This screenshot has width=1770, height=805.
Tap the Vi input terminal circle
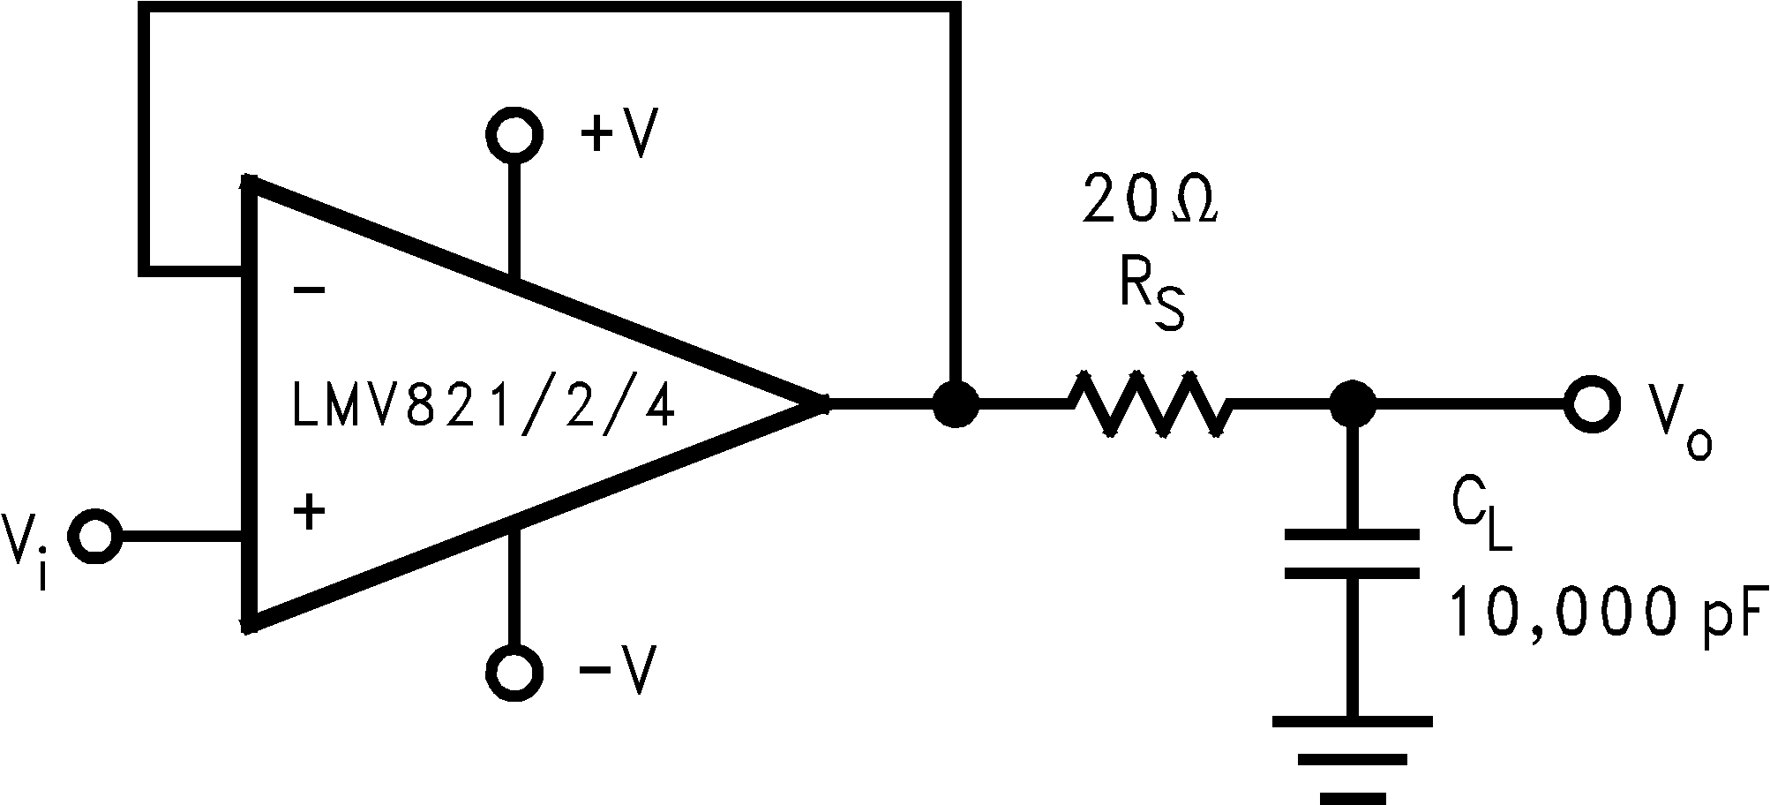point(95,536)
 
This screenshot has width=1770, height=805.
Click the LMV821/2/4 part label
point(484,408)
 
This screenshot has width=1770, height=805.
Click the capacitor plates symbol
point(1352,553)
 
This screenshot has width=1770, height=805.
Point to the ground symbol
point(1352,759)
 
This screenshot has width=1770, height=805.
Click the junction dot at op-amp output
point(956,405)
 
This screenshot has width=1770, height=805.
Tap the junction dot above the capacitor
point(1352,405)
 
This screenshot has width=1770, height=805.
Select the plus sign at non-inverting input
point(308,513)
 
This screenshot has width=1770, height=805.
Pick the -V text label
point(618,673)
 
